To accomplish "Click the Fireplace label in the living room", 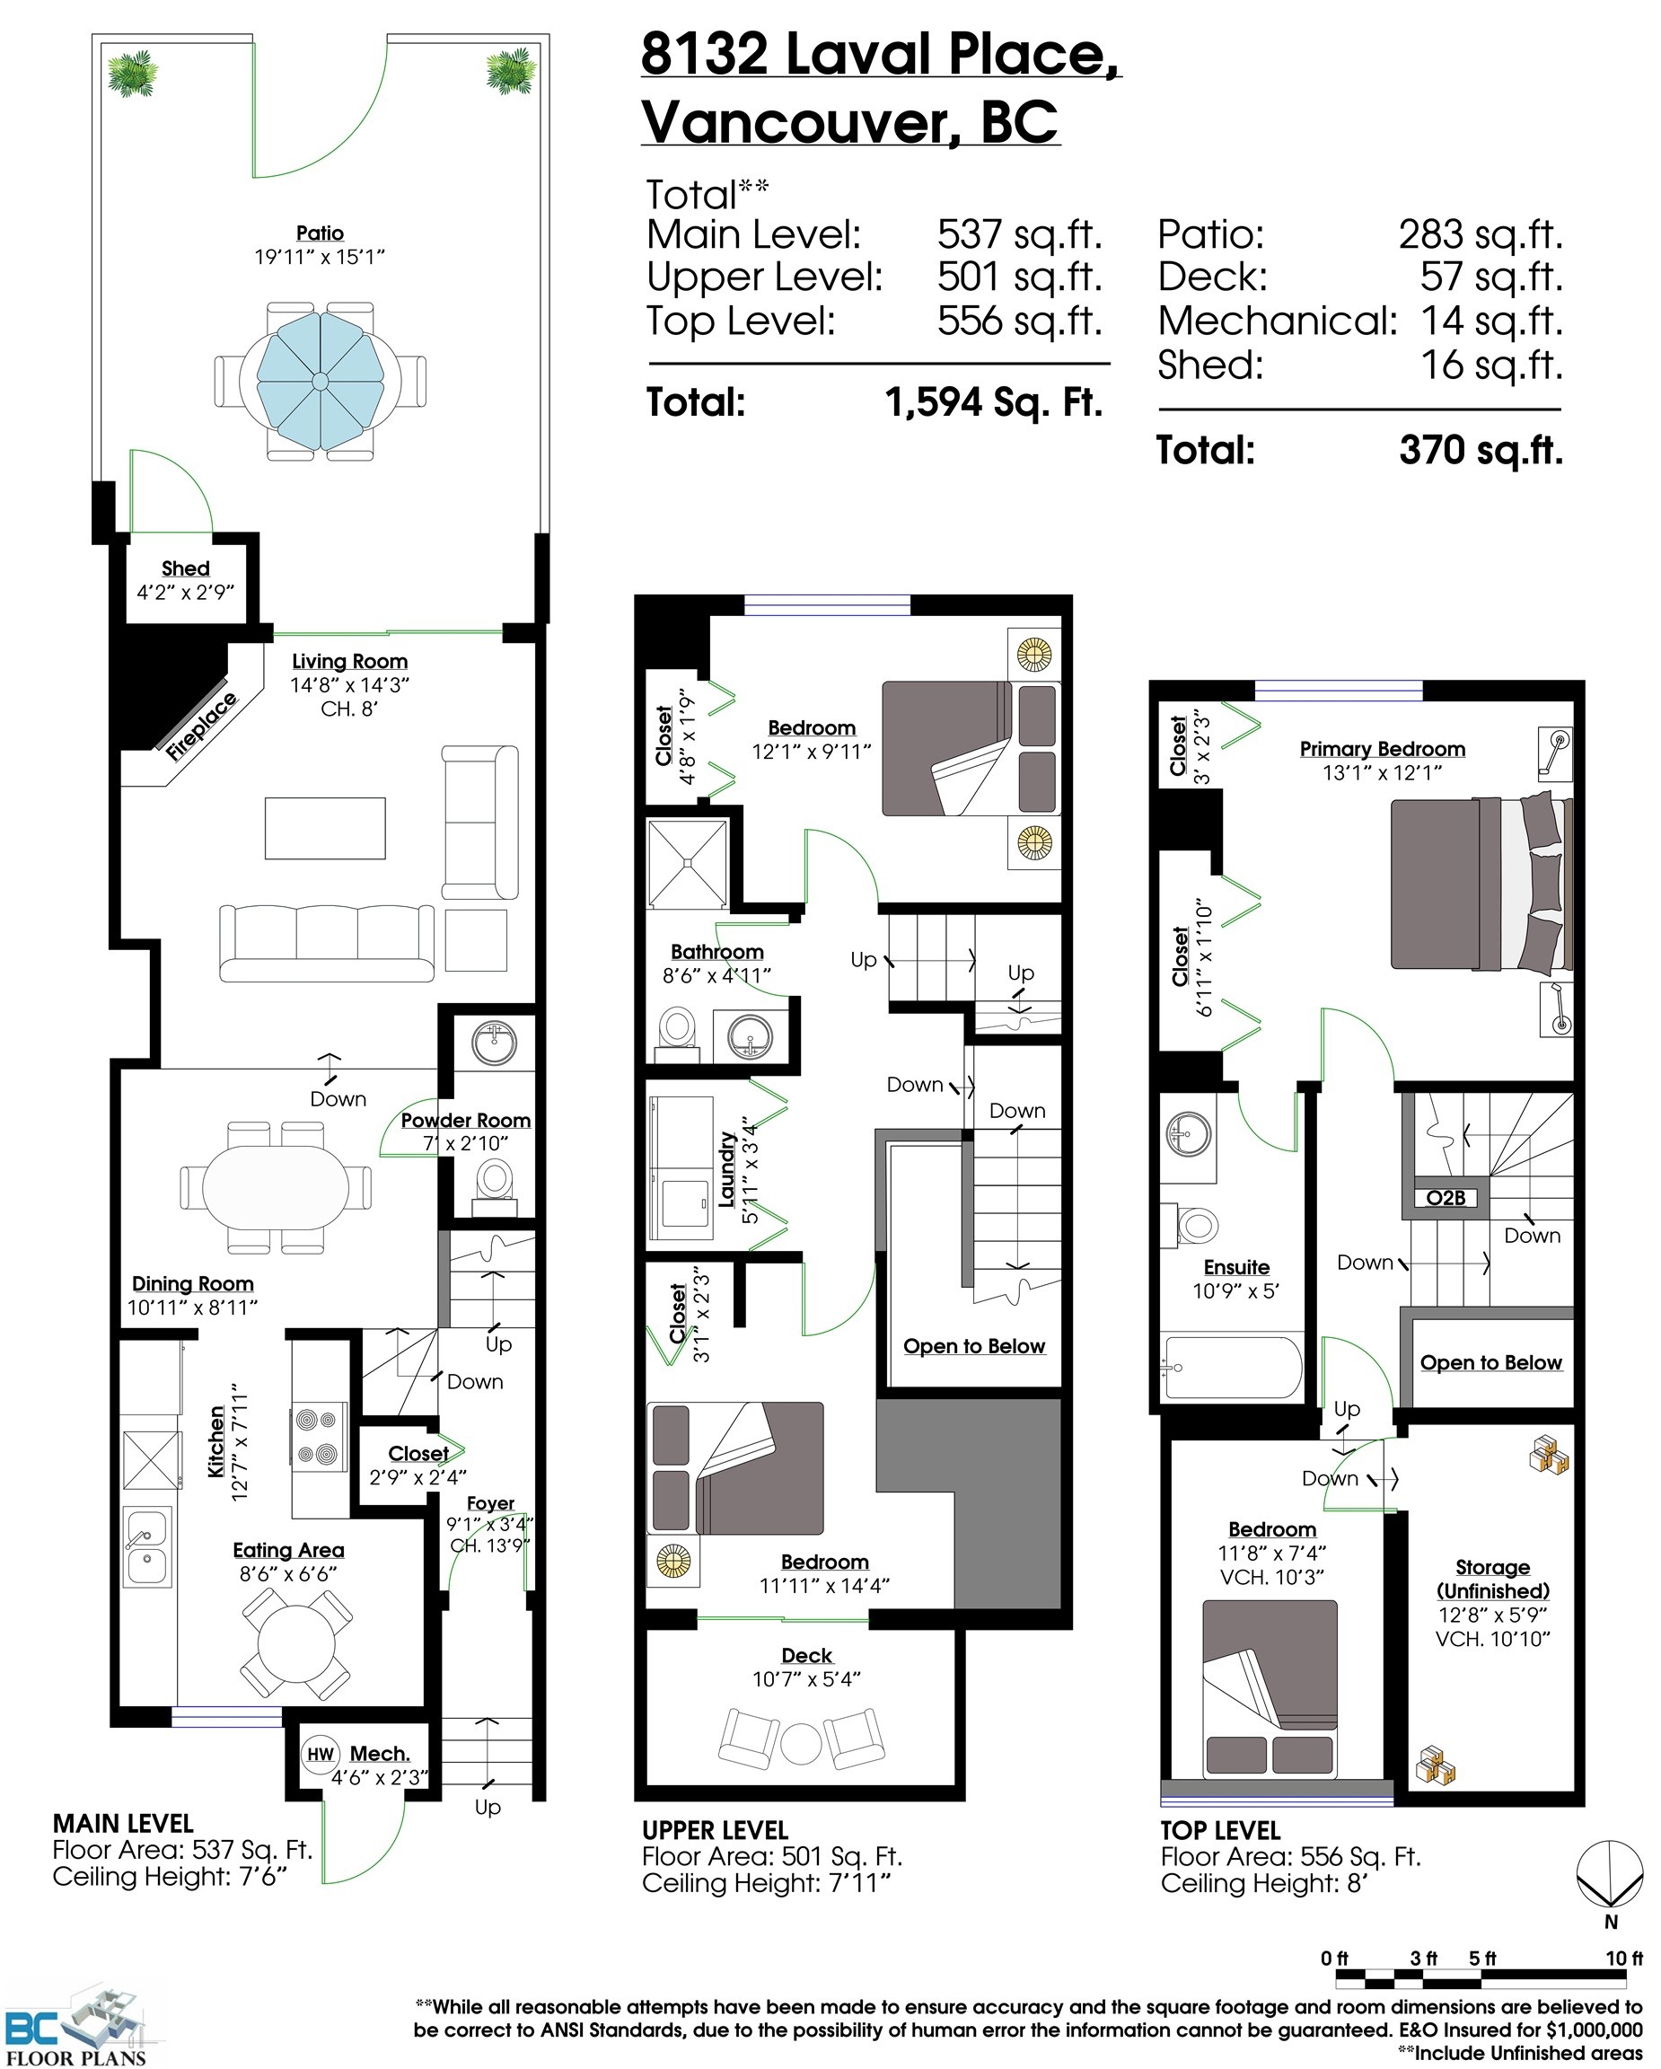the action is click(200, 726).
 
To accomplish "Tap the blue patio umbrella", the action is click(321, 381).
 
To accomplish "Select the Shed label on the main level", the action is click(185, 568).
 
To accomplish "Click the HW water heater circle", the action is click(320, 1754).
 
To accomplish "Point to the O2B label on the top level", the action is click(1446, 1198).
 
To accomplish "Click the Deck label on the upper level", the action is click(806, 1654).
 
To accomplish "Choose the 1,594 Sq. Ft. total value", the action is click(993, 402).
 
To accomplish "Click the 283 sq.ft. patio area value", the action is click(1480, 234).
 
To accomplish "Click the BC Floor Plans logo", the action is click(76, 2025).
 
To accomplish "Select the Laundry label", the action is click(726, 1169).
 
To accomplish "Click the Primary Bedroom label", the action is click(1382, 749).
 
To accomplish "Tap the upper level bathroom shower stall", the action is click(688, 864).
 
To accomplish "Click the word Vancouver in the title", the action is click(800, 123).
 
